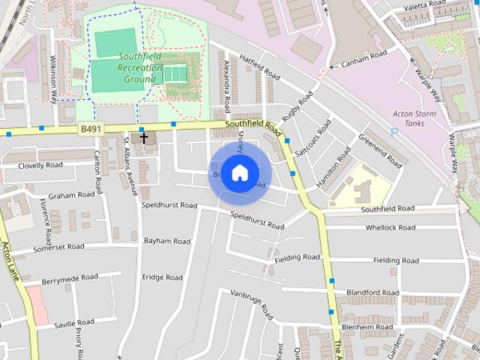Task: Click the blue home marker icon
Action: coord(238,173)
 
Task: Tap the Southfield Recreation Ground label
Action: coord(141,67)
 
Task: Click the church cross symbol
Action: coord(144,139)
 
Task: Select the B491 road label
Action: coord(91,130)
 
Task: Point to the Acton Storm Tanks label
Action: coord(415,118)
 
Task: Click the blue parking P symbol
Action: coord(394,132)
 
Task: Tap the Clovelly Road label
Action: coord(40,165)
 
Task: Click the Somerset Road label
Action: coord(60,247)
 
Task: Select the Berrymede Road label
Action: coord(70,277)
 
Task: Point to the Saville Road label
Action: coord(74,323)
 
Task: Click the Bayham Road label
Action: coord(166,241)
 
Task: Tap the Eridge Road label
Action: coord(162,277)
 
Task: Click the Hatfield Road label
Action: coord(259,67)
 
